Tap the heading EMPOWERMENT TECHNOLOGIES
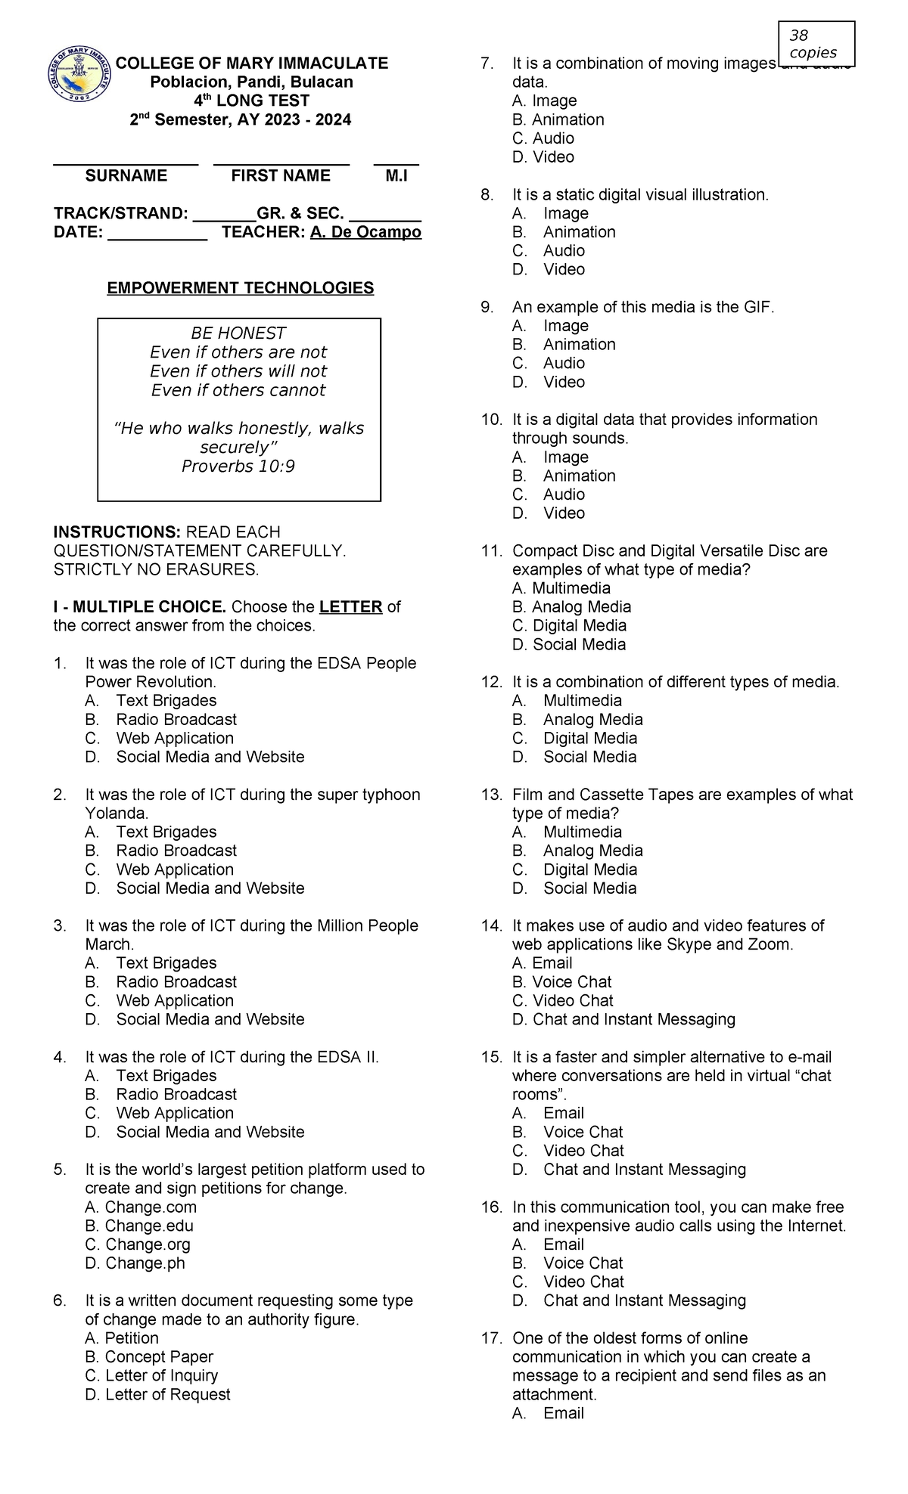coord(240,288)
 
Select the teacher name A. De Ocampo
coord(365,232)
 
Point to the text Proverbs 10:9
coord(238,466)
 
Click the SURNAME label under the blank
coord(126,176)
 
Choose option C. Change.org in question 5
coord(138,1244)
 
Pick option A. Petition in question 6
coord(122,1337)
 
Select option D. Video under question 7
coord(543,157)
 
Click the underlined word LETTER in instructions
coord(350,607)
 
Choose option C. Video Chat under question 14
coord(562,1000)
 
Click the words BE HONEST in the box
coord(238,333)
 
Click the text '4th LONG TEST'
coord(240,101)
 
